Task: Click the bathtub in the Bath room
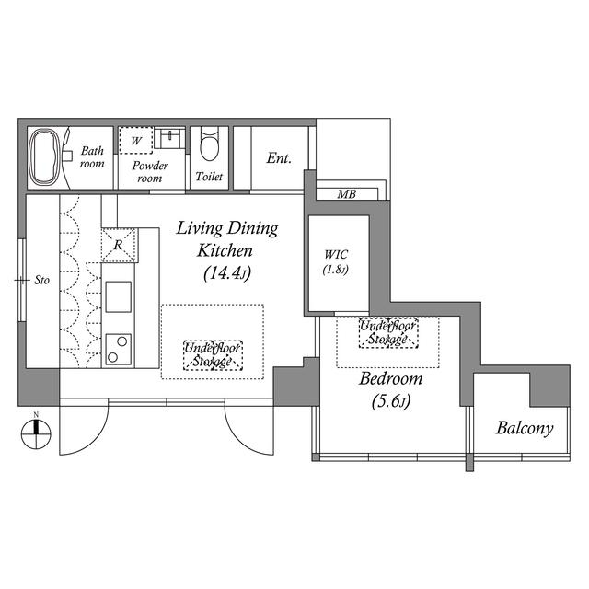pos(45,157)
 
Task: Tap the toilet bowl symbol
pos(209,144)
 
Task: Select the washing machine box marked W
pos(136,140)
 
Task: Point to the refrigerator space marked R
pos(119,245)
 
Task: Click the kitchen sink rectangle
pos(119,296)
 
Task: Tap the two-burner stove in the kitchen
pos(119,350)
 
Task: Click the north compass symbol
pos(36,433)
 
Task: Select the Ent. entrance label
pos(279,158)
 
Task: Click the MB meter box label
pos(346,194)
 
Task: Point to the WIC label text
pos(336,254)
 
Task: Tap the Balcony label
pos(525,428)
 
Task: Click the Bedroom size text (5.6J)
pos(391,401)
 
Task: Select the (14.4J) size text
pos(227,273)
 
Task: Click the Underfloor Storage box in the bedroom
pos(388,333)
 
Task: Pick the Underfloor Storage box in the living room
pos(213,356)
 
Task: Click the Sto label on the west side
pos(41,280)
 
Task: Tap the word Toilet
pos(209,176)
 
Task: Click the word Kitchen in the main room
pos(225,250)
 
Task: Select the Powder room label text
pos(150,172)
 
